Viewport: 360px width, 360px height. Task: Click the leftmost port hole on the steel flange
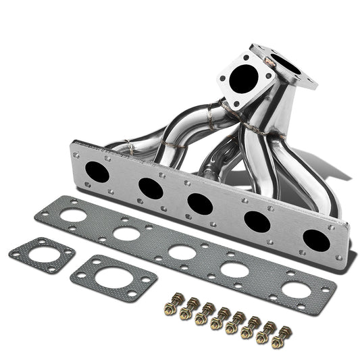(x=97, y=172)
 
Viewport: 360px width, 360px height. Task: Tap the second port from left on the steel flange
(x=150, y=188)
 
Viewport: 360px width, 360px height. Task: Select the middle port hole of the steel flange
(x=201, y=204)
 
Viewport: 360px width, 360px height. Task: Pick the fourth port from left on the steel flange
(x=257, y=222)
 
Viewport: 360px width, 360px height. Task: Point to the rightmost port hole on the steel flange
(x=315, y=240)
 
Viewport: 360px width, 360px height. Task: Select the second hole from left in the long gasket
(x=126, y=234)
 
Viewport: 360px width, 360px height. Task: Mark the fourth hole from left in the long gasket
(x=234, y=269)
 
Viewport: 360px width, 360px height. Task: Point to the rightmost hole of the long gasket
(x=294, y=289)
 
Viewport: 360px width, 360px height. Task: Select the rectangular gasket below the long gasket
(x=113, y=277)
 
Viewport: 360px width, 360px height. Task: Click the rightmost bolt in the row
(x=283, y=337)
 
